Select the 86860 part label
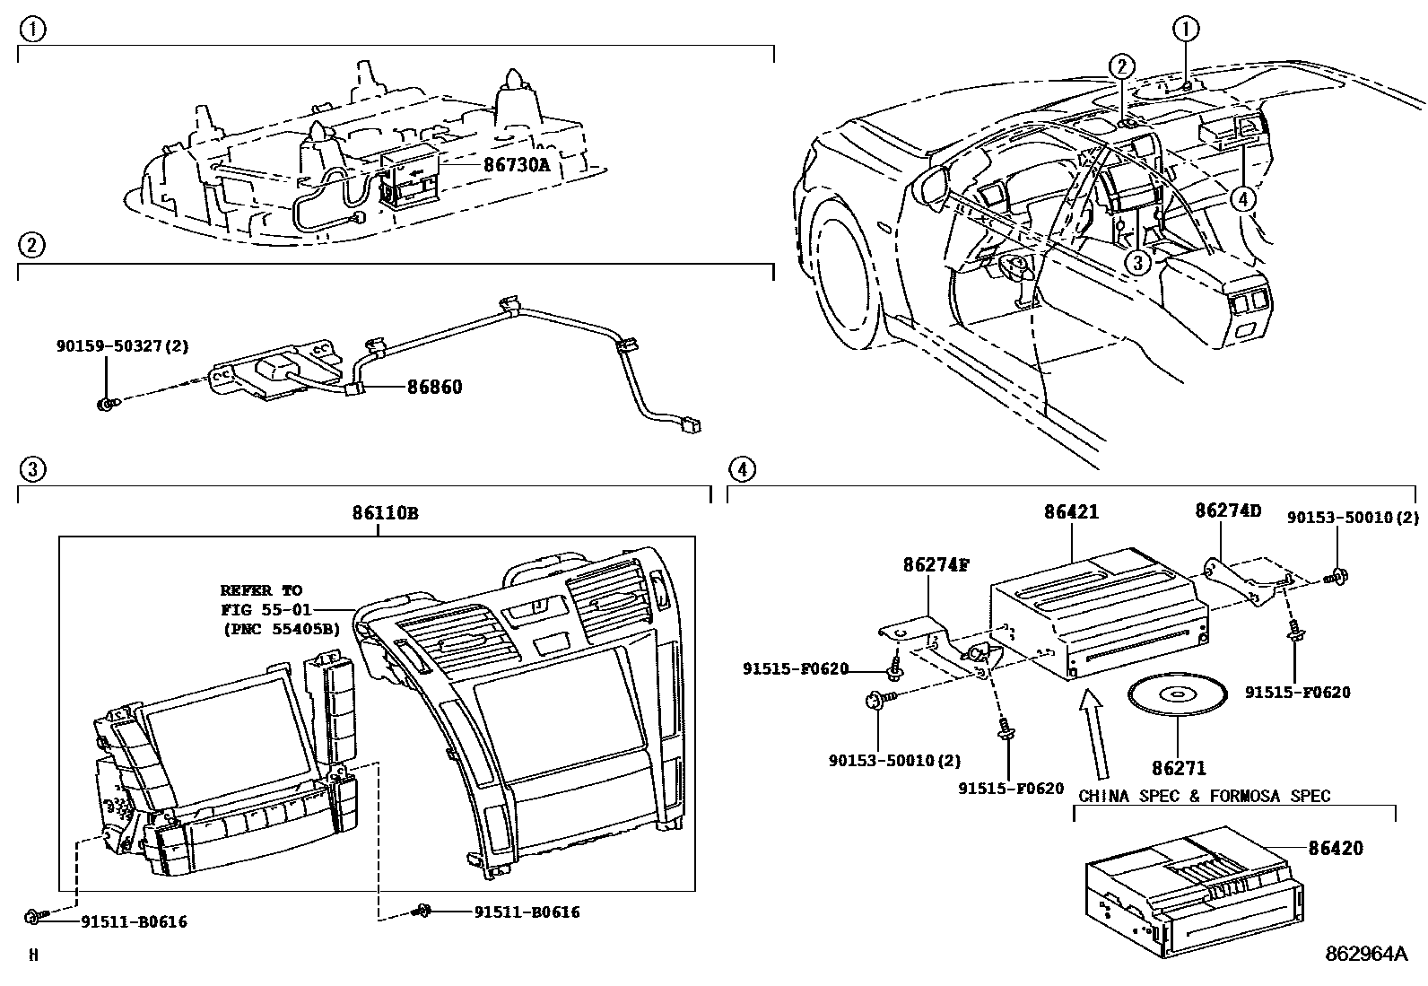tap(434, 388)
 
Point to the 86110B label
tap(385, 514)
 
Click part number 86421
tap(1071, 512)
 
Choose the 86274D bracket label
tap(1228, 511)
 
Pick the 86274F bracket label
tap(936, 565)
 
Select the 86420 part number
tap(1335, 848)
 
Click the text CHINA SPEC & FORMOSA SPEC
tap(1205, 796)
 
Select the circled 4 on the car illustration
tap(1242, 199)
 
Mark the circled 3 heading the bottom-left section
tap(32, 468)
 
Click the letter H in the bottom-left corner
tap(34, 955)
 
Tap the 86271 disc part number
tap(1179, 768)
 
